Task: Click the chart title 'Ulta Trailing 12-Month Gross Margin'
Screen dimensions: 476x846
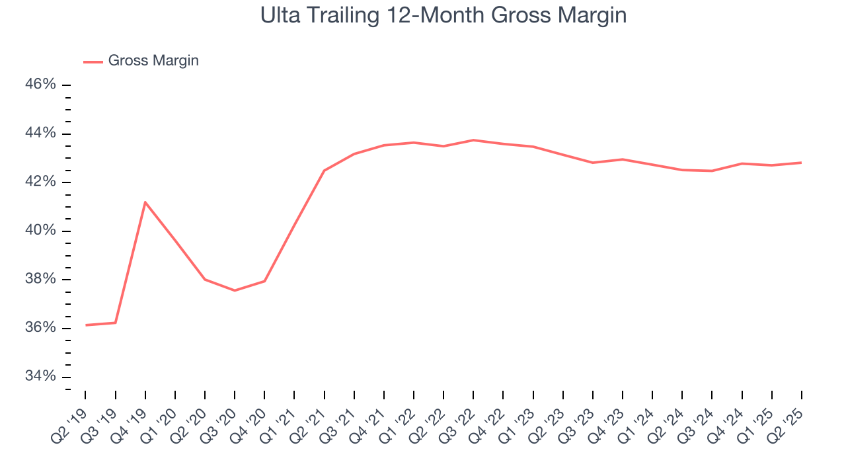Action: (443, 15)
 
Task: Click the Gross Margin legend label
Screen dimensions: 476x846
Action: (153, 61)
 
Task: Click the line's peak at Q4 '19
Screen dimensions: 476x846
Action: (145, 202)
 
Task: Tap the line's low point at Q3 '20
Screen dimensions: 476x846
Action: (235, 290)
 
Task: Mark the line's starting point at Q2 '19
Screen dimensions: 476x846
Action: (86, 325)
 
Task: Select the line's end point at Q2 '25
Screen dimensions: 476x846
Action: (802, 163)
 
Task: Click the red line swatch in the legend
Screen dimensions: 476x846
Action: (93, 61)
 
